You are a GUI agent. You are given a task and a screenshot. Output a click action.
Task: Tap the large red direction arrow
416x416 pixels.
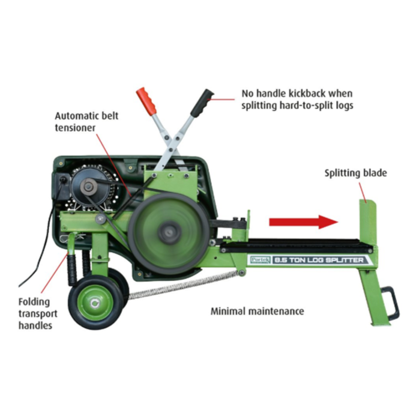(x=304, y=222)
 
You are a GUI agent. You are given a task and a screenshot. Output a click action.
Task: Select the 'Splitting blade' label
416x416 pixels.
(x=356, y=173)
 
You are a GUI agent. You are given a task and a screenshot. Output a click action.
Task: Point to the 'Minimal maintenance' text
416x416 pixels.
(x=257, y=312)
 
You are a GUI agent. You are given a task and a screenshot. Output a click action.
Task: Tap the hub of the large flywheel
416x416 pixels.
(x=170, y=232)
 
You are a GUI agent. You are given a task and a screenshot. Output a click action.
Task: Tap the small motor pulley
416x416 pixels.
(x=89, y=188)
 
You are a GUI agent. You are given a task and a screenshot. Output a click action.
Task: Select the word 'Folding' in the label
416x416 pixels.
(x=34, y=302)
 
